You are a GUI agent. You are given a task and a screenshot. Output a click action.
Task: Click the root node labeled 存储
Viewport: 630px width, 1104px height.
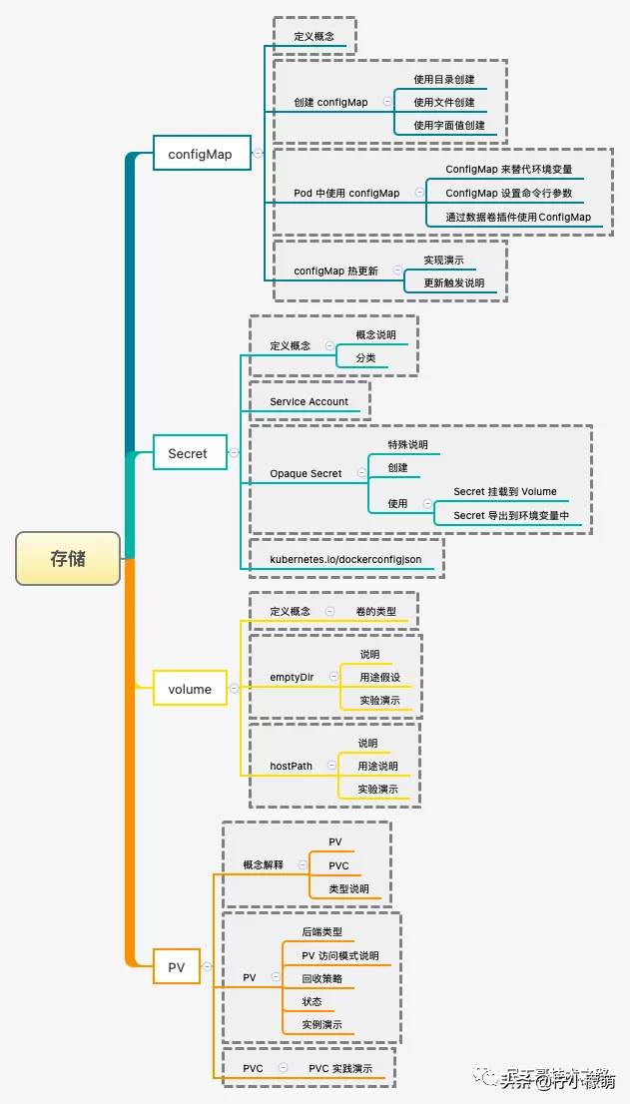pos(68,559)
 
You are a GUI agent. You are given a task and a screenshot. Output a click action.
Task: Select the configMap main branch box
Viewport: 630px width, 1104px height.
pos(200,154)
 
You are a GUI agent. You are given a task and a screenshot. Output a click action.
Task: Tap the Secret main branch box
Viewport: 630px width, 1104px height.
pos(188,453)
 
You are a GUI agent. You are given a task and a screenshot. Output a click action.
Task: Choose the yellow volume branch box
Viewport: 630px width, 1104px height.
pos(190,689)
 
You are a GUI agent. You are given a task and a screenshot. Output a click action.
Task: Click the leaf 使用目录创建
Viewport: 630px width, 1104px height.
pos(444,79)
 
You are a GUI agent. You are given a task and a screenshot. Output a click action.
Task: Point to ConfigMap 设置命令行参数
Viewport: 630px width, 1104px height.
pos(509,193)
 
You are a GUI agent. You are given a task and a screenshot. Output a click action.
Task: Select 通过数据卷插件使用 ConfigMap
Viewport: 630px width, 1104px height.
pos(518,217)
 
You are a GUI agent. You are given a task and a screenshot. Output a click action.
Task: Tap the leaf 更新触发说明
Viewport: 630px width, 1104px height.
pos(453,282)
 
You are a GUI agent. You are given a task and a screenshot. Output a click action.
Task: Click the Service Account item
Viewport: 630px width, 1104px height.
pos(309,401)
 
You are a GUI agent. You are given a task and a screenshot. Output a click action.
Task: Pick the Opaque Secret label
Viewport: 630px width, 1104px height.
pos(306,473)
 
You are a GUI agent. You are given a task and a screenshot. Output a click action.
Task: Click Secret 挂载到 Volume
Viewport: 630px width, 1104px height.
pos(505,491)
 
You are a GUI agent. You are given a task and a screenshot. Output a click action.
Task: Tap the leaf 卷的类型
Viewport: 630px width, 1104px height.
pos(375,611)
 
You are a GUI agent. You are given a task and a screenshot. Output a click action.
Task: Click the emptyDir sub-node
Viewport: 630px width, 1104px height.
pos(292,677)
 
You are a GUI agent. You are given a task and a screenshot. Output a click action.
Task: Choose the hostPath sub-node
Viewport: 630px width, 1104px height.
pos(291,766)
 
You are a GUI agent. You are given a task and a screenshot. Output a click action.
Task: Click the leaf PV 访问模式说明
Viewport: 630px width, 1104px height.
pos(340,955)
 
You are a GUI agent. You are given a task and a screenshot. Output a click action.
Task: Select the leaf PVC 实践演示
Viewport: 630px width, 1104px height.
pos(340,1068)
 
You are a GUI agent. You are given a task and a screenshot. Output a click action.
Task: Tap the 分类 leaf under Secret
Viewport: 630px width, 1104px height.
pos(365,356)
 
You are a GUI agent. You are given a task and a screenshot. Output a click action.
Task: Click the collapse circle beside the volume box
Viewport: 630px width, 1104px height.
pos(234,689)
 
